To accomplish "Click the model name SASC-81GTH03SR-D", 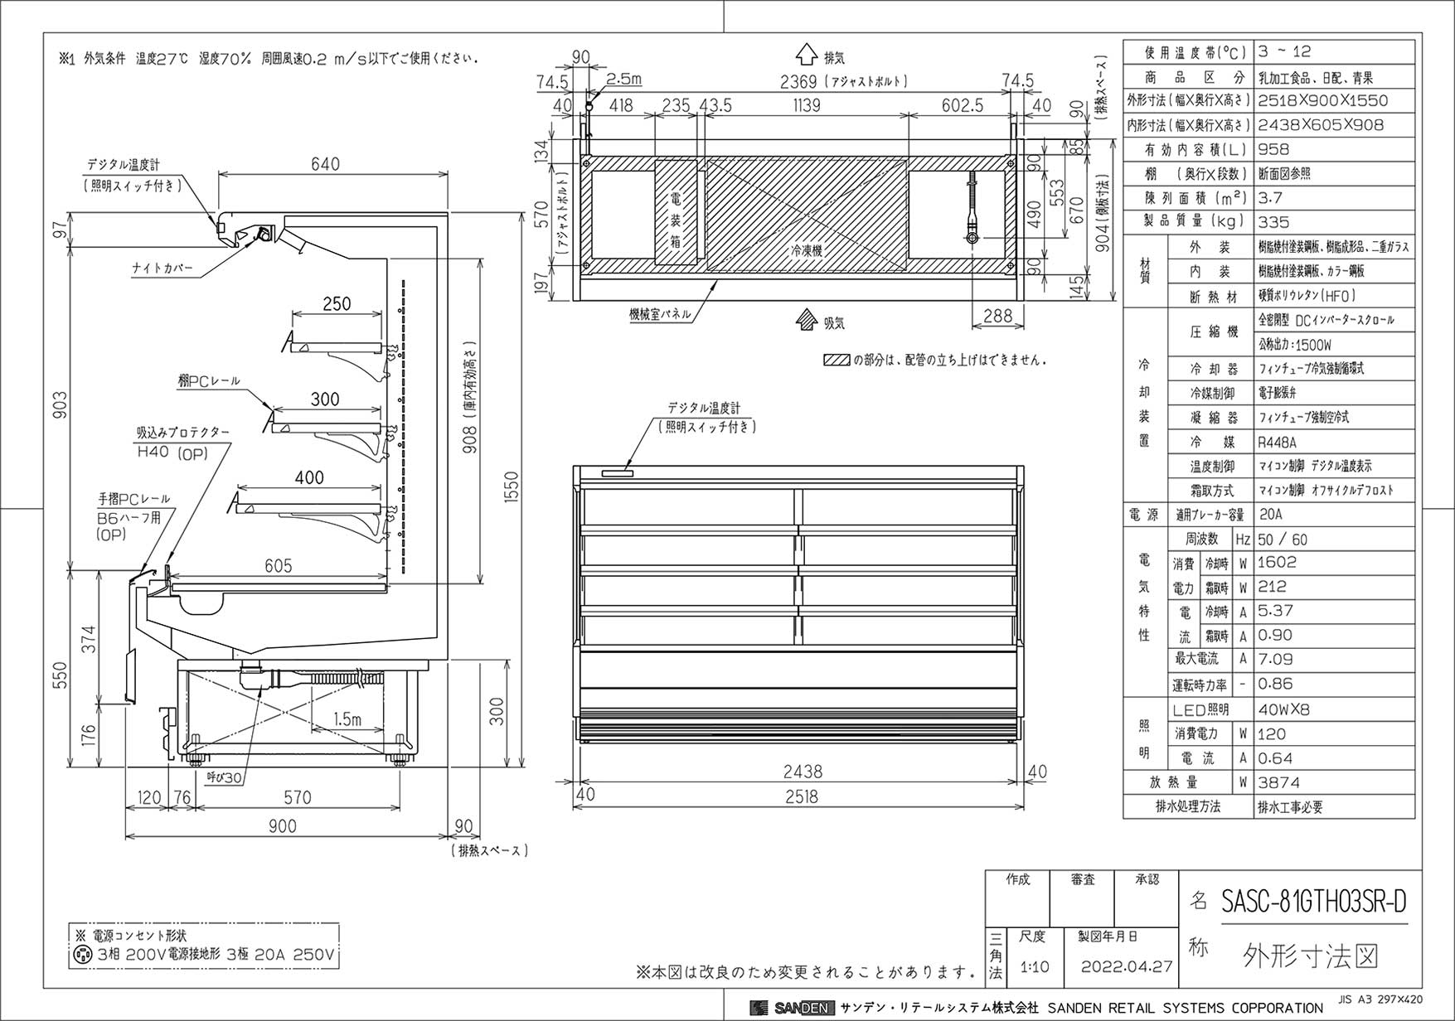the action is (1314, 901).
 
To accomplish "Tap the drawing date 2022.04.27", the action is (1127, 966).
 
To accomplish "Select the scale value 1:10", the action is (1034, 966).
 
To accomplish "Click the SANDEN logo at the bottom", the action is (792, 1008).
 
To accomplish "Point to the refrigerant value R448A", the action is (1277, 443).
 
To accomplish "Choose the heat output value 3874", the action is (1278, 782).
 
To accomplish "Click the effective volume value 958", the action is (1273, 149).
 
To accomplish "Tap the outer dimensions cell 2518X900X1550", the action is (1322, 100).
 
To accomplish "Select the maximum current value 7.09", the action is (1275, 660).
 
